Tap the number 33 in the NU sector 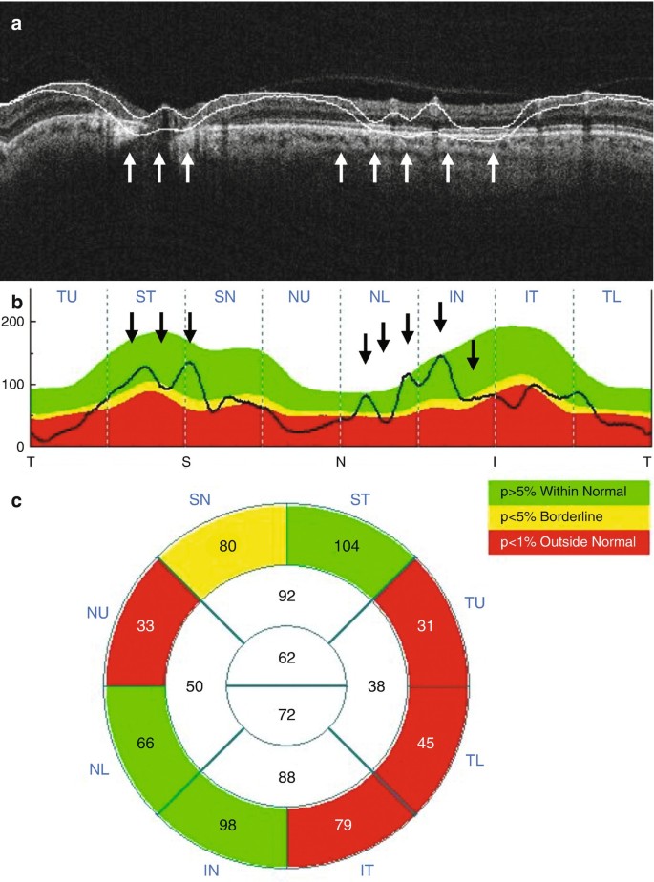coord(146,628)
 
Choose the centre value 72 coord(287,714)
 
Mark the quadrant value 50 coord(197,684)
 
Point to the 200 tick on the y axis coord(14,322)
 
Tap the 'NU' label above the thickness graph coord(300,297)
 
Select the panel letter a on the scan coord(16,26)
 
